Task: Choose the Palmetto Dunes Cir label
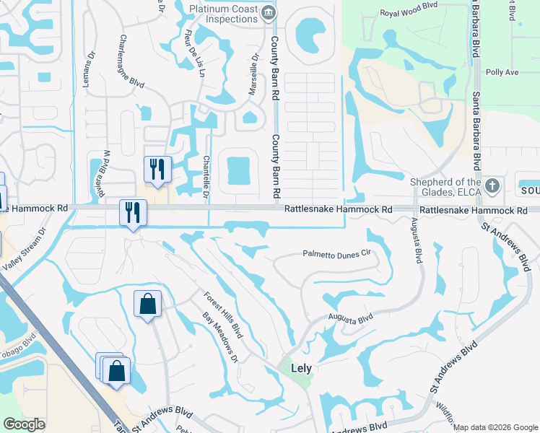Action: click(x=336, y=254)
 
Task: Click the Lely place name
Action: click(x=301, y=368)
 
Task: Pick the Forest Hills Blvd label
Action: click(x=221, y=312)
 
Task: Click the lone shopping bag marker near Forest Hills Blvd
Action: click(x=147, y=304)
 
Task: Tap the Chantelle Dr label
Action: click(x=206, y=178)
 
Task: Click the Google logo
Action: click(x=24, y=424)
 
